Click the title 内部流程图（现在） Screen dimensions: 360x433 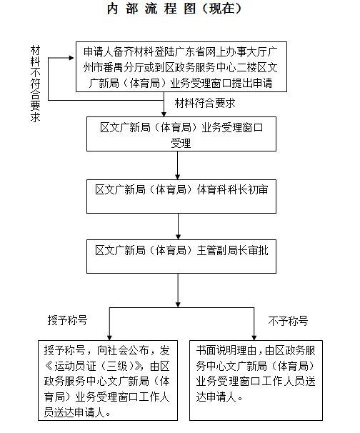coord(174,9)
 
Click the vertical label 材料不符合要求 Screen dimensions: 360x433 coord(35,84)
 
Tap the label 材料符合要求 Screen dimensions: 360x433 coord(205,103)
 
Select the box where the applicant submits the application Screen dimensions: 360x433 coord(181,67)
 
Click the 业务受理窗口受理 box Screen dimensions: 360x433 coord(181,134)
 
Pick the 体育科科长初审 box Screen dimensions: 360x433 coord(181,196)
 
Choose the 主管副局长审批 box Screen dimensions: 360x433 coord(181,257)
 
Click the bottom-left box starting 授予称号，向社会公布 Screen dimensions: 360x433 coord(108,380)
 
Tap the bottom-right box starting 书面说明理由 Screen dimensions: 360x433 coord(256,380)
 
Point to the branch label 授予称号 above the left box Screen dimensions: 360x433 coord(67,320)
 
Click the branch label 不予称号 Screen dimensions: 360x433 coord(288,321)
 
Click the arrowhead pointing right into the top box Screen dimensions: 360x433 coord(71,58)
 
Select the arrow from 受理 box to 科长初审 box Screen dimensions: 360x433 coord(178,166)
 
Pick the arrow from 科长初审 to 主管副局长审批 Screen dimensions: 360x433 coord(178,227)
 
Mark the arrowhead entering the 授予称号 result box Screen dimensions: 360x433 coord(109,338)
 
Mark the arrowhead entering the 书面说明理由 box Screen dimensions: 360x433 coord(254,338)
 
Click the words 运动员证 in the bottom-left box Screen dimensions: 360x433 coord(76,366)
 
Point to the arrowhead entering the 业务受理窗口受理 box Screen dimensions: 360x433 coord(164,114)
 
